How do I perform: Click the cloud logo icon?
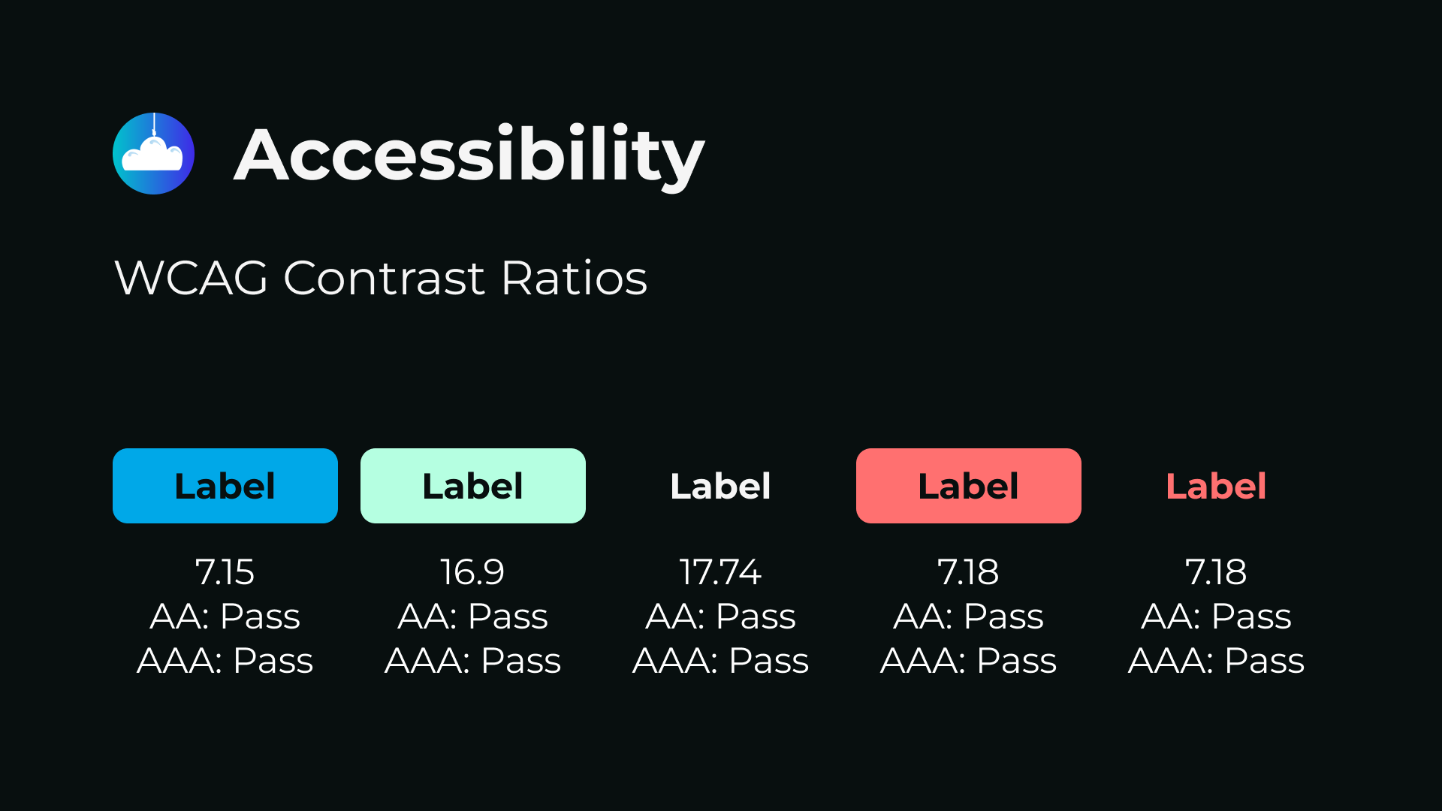153,153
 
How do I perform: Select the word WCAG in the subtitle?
192,278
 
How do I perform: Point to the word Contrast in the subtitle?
385,278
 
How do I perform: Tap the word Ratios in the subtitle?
574,278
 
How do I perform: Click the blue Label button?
225,486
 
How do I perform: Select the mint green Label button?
473,486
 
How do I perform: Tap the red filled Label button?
969,486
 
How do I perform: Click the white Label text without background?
721,486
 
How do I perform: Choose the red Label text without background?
1217,486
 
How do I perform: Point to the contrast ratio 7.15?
225,572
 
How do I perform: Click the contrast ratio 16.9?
472,572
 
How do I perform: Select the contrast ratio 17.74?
720,572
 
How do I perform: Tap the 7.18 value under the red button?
968,572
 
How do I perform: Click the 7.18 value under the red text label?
1216,572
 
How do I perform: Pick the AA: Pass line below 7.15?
225,617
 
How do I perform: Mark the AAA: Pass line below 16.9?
473,661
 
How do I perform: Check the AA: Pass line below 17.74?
721,617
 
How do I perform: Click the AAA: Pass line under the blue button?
225,661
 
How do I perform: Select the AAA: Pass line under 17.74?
721,661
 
